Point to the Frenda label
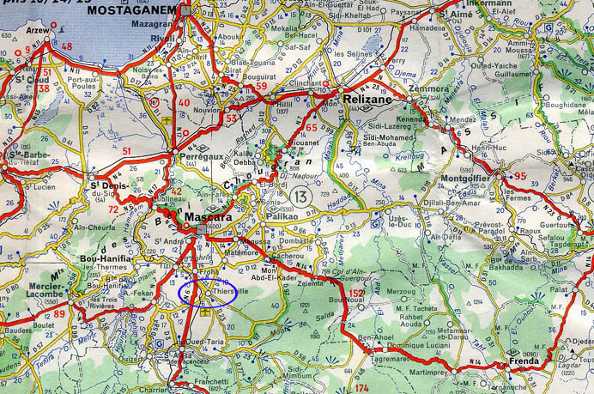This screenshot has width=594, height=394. [x=524, y=361]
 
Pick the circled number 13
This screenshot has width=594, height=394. [x=300, y=196]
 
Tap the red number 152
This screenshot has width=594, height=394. [x=357, y=294]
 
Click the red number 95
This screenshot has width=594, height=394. [x=520, y=178]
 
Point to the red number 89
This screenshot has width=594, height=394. [x=59, y=314]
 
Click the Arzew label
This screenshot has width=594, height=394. [x=39, y=30]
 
